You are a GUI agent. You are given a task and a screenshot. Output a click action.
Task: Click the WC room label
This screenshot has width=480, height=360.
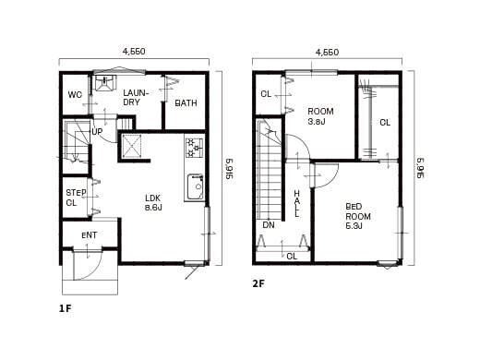click(76, 95)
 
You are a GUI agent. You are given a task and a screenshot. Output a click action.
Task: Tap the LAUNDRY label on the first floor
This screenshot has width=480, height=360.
click(136, 97)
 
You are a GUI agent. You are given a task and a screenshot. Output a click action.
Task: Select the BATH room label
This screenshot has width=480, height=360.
click(186, 102)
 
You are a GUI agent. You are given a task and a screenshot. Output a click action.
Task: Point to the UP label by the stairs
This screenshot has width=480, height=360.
click(96, 131)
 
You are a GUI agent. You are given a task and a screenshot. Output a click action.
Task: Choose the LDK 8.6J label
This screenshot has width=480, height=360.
click(153, 202)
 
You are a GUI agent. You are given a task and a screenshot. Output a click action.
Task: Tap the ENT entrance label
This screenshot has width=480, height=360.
click(90, 235)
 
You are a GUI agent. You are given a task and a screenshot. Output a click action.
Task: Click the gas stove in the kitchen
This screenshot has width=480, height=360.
click(194, 148)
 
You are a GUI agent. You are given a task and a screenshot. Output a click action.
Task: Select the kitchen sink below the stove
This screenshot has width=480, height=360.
click(195, 186)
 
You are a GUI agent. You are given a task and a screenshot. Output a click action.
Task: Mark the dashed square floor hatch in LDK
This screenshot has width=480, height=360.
click(133, 147)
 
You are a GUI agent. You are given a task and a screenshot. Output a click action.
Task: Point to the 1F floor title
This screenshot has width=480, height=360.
click(65, 307)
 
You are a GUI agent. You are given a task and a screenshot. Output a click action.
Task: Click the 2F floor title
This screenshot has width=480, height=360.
click(258, 283)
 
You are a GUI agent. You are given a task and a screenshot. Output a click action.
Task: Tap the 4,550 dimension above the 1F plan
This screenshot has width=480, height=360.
click(133, 53)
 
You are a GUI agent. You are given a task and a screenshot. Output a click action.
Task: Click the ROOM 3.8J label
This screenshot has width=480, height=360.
click(320, 115)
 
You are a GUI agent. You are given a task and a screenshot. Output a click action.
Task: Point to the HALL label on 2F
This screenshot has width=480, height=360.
click(296, 203)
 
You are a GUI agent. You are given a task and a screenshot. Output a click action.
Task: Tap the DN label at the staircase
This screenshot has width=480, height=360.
click(268, 224)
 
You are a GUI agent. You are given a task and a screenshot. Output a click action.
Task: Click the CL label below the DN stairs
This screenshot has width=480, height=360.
click(292, 256)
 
